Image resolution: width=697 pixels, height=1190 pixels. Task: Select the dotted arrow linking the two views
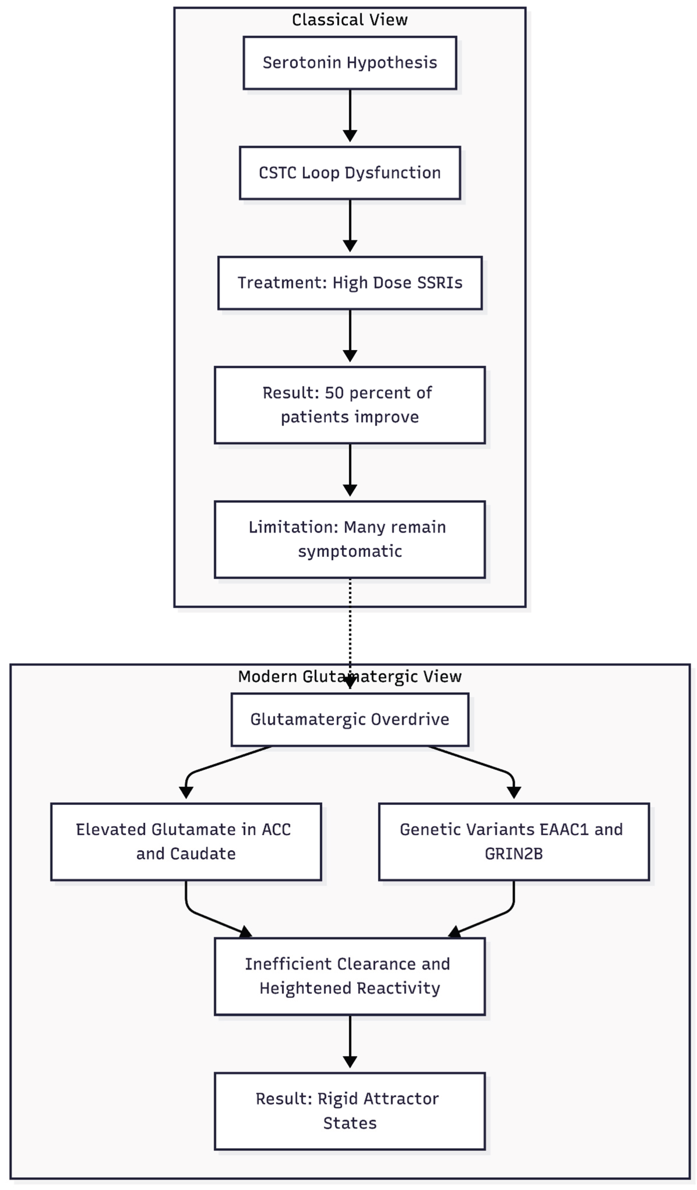click(x=350, y=623)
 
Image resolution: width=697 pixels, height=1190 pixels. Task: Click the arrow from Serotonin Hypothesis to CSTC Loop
click(x=350, y=116)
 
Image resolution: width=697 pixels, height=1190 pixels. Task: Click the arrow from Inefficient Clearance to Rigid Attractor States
click(x=350, y=1041)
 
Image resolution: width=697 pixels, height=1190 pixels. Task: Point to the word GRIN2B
click(x=514, y=854)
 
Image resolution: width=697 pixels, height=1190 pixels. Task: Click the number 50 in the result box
click(x=334, y=393)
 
